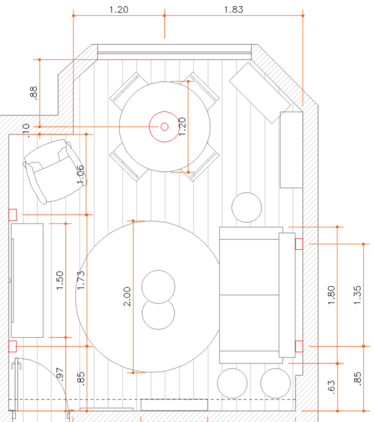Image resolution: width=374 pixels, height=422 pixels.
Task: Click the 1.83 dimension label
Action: [x=234, y=10]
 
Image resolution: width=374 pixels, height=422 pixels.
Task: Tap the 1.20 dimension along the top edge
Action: [x=119, y=10]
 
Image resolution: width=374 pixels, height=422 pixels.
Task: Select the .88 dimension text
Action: [x=33, y=92]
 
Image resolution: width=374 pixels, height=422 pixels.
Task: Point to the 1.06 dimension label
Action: [x=80, y=175]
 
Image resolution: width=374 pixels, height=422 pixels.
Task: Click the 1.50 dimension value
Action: [x=60, y=280]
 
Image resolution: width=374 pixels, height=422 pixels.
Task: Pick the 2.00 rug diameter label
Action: [x=127, y=296]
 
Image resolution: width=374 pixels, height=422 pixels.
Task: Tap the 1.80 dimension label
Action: [x=331, y=295]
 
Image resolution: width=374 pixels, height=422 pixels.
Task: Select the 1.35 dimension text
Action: [x=357, y=295]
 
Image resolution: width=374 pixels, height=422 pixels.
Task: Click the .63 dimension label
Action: [x=331, y=388]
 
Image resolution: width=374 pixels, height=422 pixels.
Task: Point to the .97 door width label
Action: [x=60, y=374]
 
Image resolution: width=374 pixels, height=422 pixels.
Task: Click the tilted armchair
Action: [x=55, y=171]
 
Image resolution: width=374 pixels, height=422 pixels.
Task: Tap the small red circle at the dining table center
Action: [x=164, y=126]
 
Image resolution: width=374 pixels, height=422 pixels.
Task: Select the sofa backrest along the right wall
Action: [x=287, y=295]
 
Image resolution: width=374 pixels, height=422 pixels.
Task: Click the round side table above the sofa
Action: [x=247, y=207]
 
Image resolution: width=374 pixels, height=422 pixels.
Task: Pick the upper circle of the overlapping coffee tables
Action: [x=158, y=287]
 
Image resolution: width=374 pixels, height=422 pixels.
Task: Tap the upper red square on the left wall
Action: [x=12, y=215]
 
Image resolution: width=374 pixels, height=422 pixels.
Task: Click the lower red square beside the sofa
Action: [x=299, y=346]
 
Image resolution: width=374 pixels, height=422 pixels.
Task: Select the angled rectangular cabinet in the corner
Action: [x=260, y=93]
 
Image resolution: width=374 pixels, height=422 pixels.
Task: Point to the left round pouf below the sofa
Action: [x=232, y=383]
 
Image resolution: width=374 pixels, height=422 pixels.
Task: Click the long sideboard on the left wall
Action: [x=27, y=280]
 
